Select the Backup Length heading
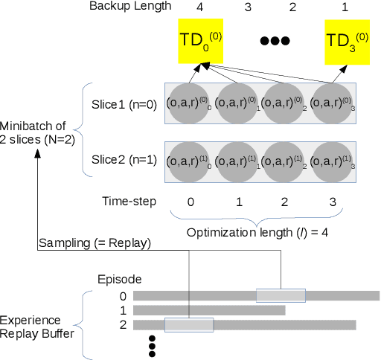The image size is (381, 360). (x=130, y=7)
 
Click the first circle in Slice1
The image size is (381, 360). (x=190, y=102)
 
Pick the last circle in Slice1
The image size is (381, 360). (x=333, y=102)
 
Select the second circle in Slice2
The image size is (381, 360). (x=237, y=161)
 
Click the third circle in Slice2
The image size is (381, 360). (x=285, y=161)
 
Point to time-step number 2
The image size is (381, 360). (x=285, y=202)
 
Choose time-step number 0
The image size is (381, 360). (x=190, y=202)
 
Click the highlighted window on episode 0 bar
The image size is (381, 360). (x=281, y=295)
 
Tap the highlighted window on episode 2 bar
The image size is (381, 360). (x=189, y=324)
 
